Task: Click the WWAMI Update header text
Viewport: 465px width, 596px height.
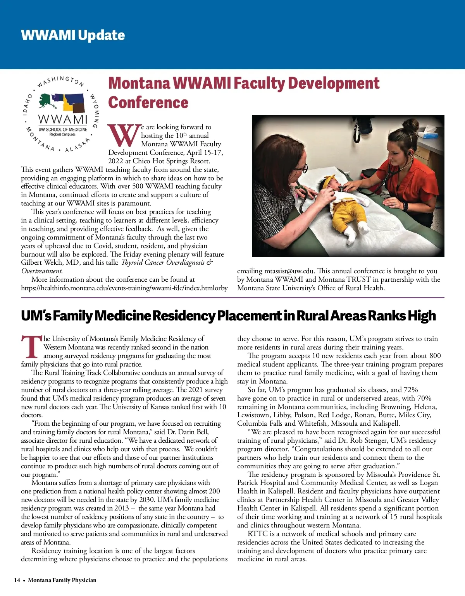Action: [x=73, y=35]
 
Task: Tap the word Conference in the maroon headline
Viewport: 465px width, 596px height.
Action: [x=148, y=103]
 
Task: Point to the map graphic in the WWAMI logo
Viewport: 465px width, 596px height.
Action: [x=62, y=103]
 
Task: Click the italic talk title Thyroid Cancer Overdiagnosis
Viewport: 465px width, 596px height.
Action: [x=167, y=263]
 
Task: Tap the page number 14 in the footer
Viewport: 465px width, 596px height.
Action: [x=17, y=580]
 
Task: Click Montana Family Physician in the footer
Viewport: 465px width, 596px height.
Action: [x=62, y=580]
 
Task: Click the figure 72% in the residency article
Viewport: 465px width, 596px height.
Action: [x=410, y=390]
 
